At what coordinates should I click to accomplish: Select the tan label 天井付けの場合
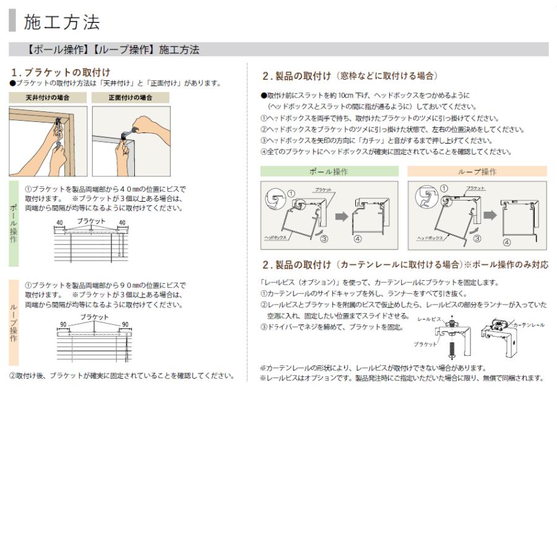pos(47,98)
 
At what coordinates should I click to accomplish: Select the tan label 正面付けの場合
pos(130,98)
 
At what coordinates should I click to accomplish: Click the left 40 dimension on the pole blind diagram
pos(59,222)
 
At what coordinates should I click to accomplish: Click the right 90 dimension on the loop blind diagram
pos(124,324)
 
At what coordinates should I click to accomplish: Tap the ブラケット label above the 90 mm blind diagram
pos(93,317)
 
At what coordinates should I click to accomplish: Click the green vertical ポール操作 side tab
pos(14,223)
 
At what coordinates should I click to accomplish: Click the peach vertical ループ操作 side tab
pos(14,322)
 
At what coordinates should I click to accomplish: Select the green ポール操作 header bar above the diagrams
pos(329,171)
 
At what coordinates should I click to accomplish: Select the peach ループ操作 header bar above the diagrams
pos(477,171)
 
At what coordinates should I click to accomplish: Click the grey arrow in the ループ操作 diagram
pos(488,215)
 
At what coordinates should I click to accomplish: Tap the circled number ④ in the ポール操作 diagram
pos(357,240)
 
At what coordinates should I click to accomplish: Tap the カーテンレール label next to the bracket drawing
pos(529,325)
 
